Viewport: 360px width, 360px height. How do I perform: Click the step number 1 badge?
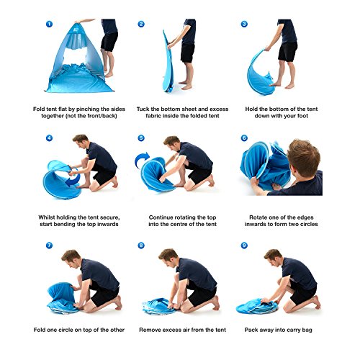tap(49, 24)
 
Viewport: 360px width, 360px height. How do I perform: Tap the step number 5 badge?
tap(141, 138)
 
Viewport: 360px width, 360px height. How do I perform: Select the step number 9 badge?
tap(244, 246)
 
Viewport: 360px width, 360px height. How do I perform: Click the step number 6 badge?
tap(244, 138)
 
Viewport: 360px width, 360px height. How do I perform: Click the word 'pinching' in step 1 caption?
tap(88, 109)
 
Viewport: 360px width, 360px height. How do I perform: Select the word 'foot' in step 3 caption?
tap(302, 116)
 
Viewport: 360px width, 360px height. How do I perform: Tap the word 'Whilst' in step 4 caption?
tap(46, 217)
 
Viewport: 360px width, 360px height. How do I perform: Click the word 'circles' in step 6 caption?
tap(309, 224)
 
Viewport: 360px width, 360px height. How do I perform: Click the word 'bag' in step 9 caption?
tap(307, 330)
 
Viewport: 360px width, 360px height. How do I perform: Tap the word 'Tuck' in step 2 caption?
tap(143, 109)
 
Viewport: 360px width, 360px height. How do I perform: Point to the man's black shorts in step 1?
tap(109, 41)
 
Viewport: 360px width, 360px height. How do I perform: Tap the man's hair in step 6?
tap(305, 153)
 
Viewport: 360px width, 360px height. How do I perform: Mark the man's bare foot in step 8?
tap(217, 303)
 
